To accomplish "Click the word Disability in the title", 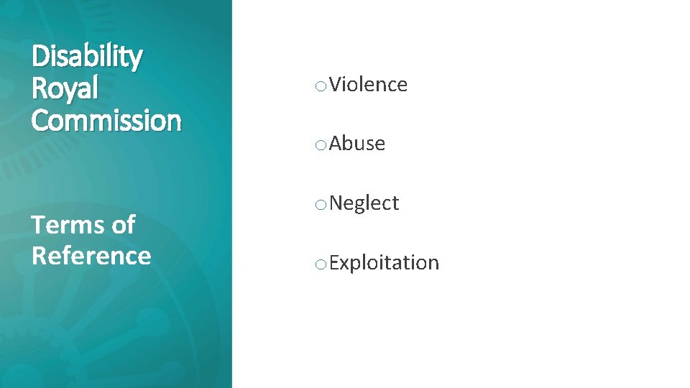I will [x=87, y=57].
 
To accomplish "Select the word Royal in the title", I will [x=65, y=88].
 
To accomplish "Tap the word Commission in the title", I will [x=106, y=119].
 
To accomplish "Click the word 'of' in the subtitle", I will [x=123, y=225].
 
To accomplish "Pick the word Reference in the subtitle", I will [x=91, y=256].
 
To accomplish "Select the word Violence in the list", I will [x=369, y=85].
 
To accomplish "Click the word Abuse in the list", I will [x=358, y=144].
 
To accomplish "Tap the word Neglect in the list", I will [x=364, y=203].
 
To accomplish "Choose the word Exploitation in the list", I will [x=385, y=263].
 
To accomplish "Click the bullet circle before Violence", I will [x=320, y=87].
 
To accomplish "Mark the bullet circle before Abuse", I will [x=320, y=146].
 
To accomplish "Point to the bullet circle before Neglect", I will [x=320, y=205].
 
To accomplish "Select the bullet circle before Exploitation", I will [x=320, y=265].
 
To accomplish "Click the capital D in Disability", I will [x=40, y=56].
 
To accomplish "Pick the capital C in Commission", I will [x=40, y=119].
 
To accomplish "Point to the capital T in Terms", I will [x=39, y=225].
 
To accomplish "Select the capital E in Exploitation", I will [x=334, y=263].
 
